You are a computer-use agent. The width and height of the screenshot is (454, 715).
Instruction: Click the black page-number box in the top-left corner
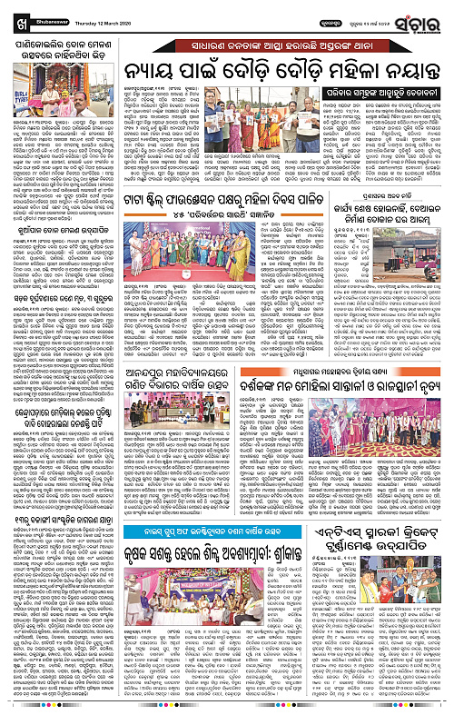coord(10,11)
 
